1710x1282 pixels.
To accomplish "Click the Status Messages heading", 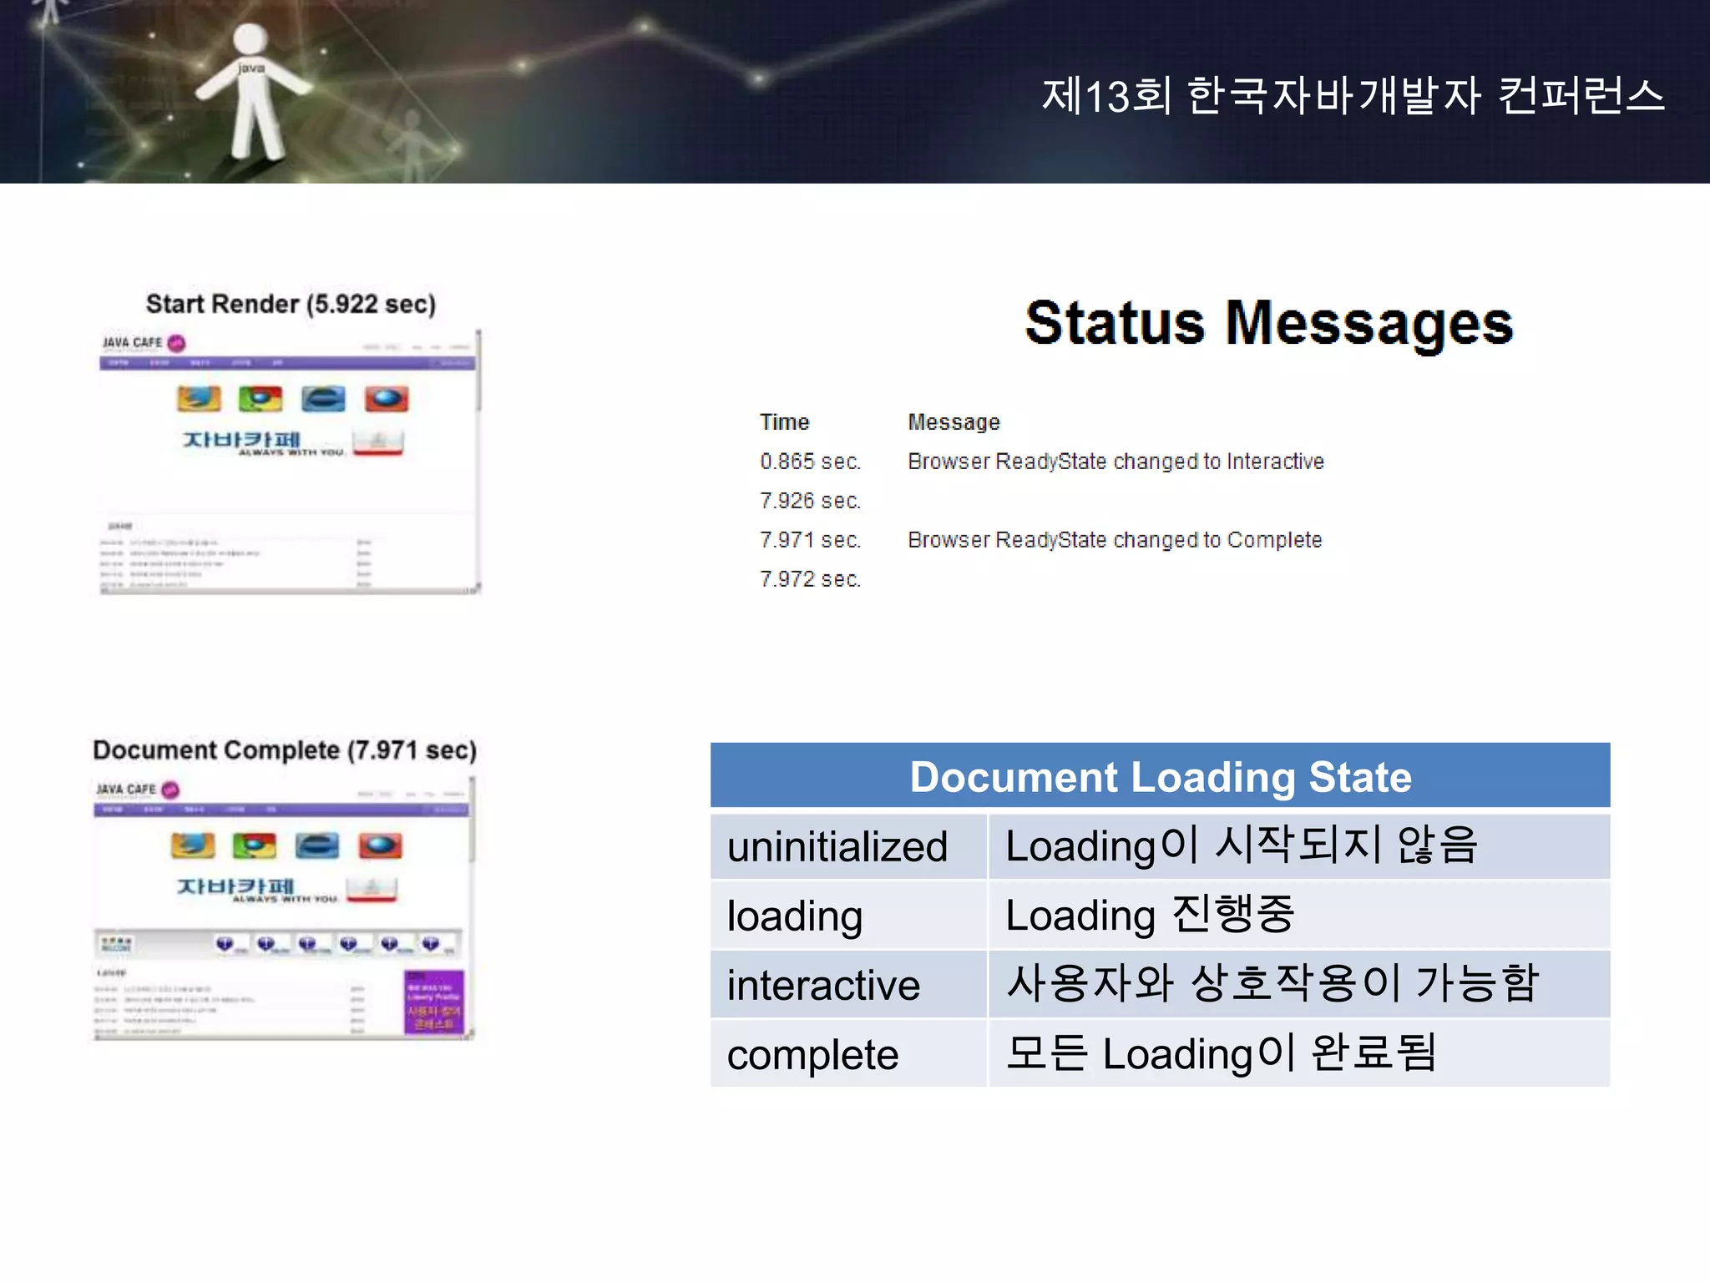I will [x=1268, y=324].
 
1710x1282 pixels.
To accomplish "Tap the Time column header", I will [x=784, y=422].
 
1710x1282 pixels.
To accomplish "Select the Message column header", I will [x=954, y=422].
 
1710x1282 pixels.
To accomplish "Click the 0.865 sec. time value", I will [x=810, y=462].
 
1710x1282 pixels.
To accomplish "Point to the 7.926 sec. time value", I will [x=810, y=501].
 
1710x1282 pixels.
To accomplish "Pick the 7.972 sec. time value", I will [x=810, y=579].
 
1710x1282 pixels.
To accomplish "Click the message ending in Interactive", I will [x=1116, y=462].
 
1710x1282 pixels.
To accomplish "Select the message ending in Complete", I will [x=1115, y=540].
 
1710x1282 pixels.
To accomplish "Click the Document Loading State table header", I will [x=1160, y=777].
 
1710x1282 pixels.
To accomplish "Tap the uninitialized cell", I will [x=837, y=846].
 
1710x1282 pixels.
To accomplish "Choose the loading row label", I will [x=794, y=916].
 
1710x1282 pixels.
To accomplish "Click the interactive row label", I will [x=823, y=985].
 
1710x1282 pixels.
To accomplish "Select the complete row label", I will [x=812, y=1055].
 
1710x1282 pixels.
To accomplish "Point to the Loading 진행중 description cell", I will [x=1150, y=916].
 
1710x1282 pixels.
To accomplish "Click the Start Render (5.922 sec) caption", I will [x=291, y=304].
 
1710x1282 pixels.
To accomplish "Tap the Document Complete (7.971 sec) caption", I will [x=285, y=750].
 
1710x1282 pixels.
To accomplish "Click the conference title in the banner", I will [x=1353, y=96].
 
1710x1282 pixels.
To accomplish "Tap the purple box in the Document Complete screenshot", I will [x=433, y=1002].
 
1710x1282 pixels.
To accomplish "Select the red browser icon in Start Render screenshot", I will [x=387, y=399].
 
